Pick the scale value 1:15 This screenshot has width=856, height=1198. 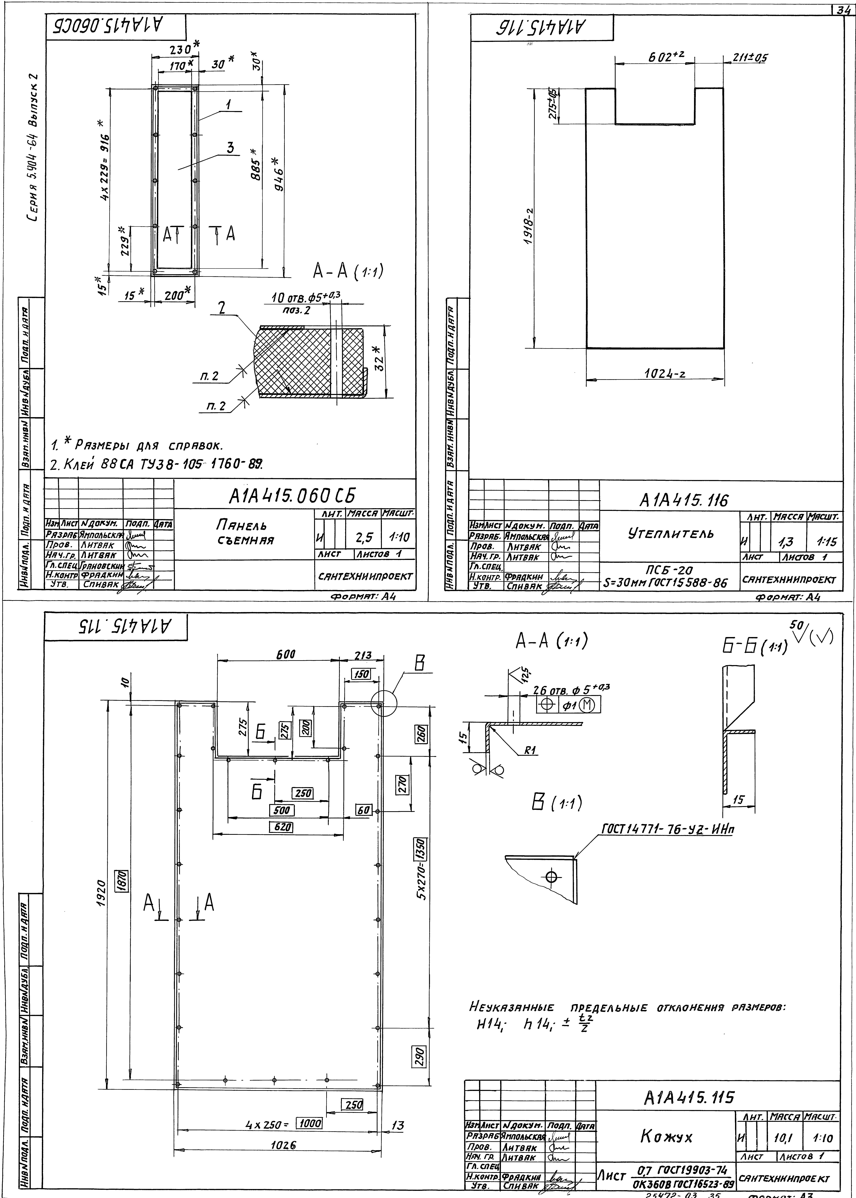pos(825,541)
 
